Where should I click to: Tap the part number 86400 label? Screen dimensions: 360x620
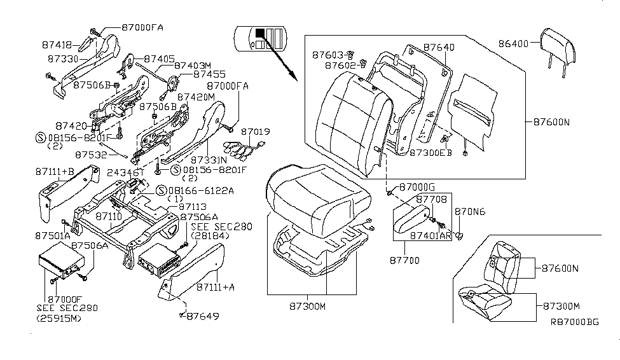click(516, 45)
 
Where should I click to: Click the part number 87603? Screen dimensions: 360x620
click(328, 55)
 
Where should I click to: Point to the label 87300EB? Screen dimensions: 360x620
click(431, 153)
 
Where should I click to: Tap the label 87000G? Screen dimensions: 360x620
click(417, 188)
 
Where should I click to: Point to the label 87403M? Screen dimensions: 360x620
click(193, 66)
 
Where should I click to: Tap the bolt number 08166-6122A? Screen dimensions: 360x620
click(200, 190)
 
